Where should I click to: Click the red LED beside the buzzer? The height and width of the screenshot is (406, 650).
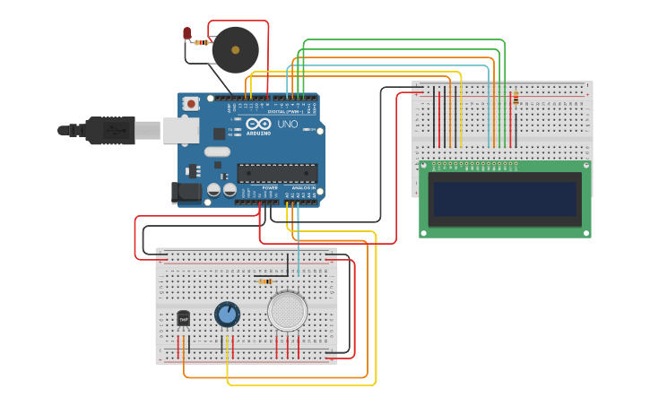tap(186, 33)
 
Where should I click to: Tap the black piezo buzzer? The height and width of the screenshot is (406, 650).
tap(235, 50)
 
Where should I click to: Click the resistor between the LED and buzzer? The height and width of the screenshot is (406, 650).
tap(202, 42)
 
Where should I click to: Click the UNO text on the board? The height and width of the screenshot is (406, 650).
tap(287, 124)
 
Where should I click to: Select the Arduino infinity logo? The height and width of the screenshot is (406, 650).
tap(259, 125)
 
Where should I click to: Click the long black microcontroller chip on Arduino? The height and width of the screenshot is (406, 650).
tap(276, 172)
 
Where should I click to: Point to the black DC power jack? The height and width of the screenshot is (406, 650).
tap(188, 191)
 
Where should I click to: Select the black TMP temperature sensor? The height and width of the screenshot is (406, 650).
tap(184, 318)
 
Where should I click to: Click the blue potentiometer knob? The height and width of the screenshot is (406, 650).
tap(228, 314)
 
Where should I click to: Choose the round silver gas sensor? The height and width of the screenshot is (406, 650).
tap(287, 311)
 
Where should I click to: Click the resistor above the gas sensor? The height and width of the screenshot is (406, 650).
tap(265, 281)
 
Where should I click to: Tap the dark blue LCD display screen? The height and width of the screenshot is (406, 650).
tap(505, 199)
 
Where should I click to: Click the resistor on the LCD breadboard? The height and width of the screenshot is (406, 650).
tap(516, 98)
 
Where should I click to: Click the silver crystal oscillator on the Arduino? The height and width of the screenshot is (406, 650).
tap(217, 152)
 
